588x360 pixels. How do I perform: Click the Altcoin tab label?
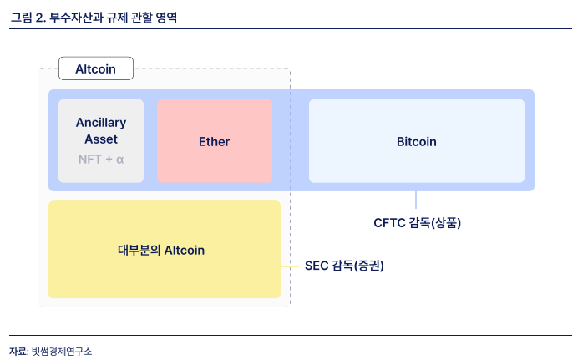(95, 68)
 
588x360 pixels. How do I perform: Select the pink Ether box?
(215, 141)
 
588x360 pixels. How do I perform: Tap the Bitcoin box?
(416, 141)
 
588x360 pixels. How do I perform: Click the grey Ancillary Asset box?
(101, 141)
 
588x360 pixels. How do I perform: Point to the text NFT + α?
(101, 158)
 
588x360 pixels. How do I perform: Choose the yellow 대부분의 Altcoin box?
(164, 250)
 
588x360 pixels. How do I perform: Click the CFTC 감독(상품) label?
(417, 223)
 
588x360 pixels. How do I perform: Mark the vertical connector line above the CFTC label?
(416, 200)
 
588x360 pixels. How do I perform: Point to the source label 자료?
(18, 352)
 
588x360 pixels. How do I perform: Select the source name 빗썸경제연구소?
(61, 352)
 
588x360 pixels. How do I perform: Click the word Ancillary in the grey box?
(101, 123)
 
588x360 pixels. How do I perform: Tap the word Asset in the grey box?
(101, 139)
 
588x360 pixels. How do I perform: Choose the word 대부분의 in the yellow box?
(139, 250)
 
